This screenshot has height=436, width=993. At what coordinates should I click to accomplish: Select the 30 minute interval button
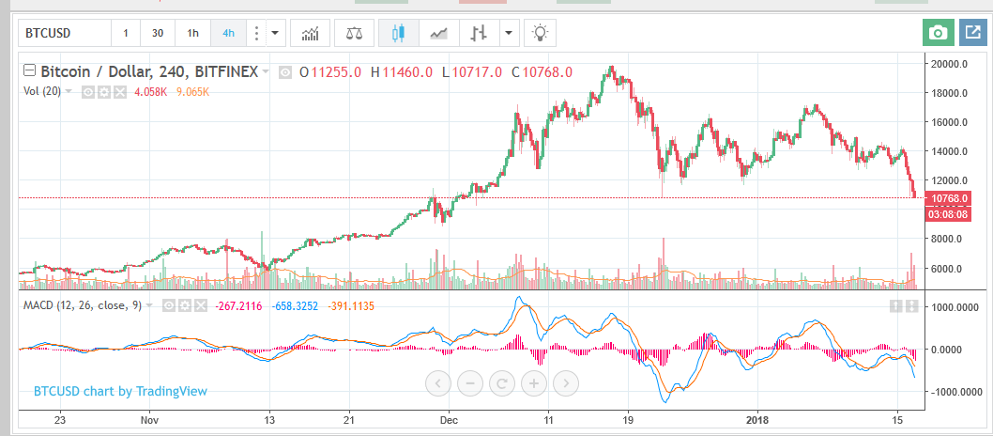(x=158, y=34)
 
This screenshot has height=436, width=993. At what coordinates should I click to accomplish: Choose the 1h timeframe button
(x=192, y=34)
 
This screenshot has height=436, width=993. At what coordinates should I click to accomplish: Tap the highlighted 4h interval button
(x=228, y=34)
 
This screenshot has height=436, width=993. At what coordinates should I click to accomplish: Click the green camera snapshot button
(x=936, y=33)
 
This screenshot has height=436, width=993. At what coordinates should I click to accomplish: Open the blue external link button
(x=971, y=33)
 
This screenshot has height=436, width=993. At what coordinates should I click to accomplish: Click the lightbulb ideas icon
(x=540, y=34)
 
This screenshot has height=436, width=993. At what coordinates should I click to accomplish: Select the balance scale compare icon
(x=354, y=34)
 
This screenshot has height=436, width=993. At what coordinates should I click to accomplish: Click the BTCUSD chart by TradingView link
(x=120, y=391)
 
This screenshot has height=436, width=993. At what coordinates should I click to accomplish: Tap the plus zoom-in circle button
(x=533, y=382)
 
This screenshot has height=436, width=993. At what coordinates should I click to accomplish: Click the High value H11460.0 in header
(x=402, y=71)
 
